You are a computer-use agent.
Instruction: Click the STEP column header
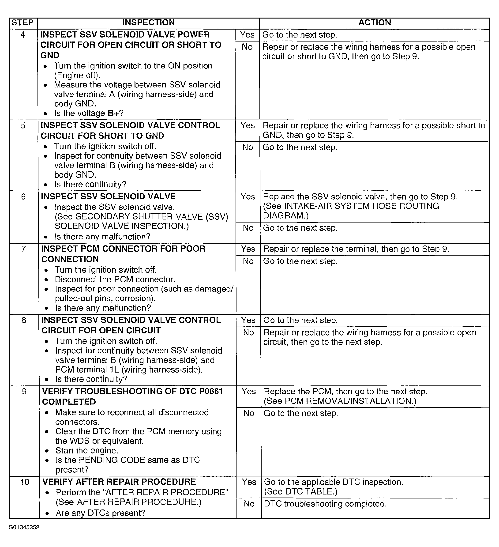23,23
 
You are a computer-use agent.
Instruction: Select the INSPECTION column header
148,23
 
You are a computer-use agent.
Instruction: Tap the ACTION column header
375,23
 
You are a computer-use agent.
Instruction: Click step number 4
23,35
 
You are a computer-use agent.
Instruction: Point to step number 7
24,249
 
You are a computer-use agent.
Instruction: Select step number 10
25,482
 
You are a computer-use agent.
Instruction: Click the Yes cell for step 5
247,126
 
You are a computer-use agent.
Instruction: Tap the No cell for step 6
248,228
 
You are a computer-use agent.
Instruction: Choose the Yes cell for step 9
248,391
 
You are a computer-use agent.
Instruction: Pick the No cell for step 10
249,504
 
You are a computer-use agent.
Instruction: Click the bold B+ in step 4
113,113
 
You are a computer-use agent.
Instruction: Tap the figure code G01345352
24,528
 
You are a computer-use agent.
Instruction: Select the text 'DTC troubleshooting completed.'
325,504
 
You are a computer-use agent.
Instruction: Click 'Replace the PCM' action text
297,392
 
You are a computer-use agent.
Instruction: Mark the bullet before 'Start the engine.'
47,451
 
